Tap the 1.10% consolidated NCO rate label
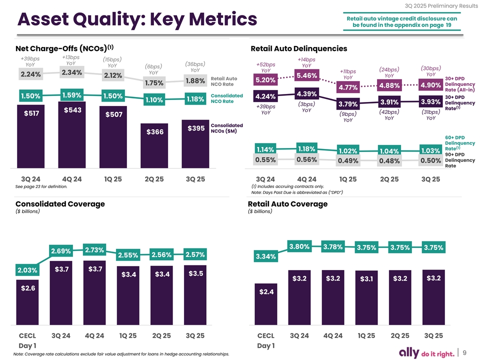pos(154,100)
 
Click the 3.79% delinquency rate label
pos(347,104)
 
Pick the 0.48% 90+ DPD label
pos(388,161)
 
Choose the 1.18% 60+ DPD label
pos(305,149)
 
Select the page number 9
pos(464,349)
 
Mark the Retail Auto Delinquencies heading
pos(297,48)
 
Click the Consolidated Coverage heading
pos(60,203)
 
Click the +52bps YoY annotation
pos(265,67)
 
